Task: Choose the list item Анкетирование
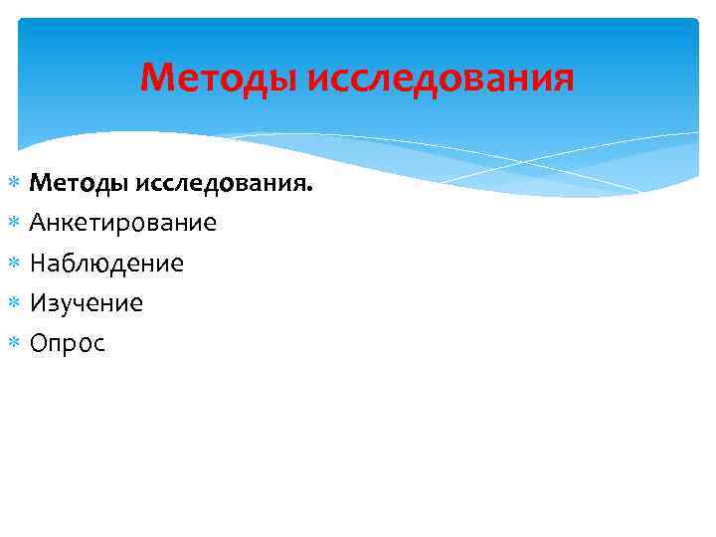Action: pos(122,223)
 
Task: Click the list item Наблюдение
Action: pos(106,264)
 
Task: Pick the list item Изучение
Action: pos(87,303)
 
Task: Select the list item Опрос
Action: pos(67,344)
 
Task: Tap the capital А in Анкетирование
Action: pos(38,223)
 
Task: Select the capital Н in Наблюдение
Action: pos(39,264)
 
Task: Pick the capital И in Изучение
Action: pos(39,303)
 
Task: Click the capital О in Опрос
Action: pos(39,344)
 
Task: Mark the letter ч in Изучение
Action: pos(80,305)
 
